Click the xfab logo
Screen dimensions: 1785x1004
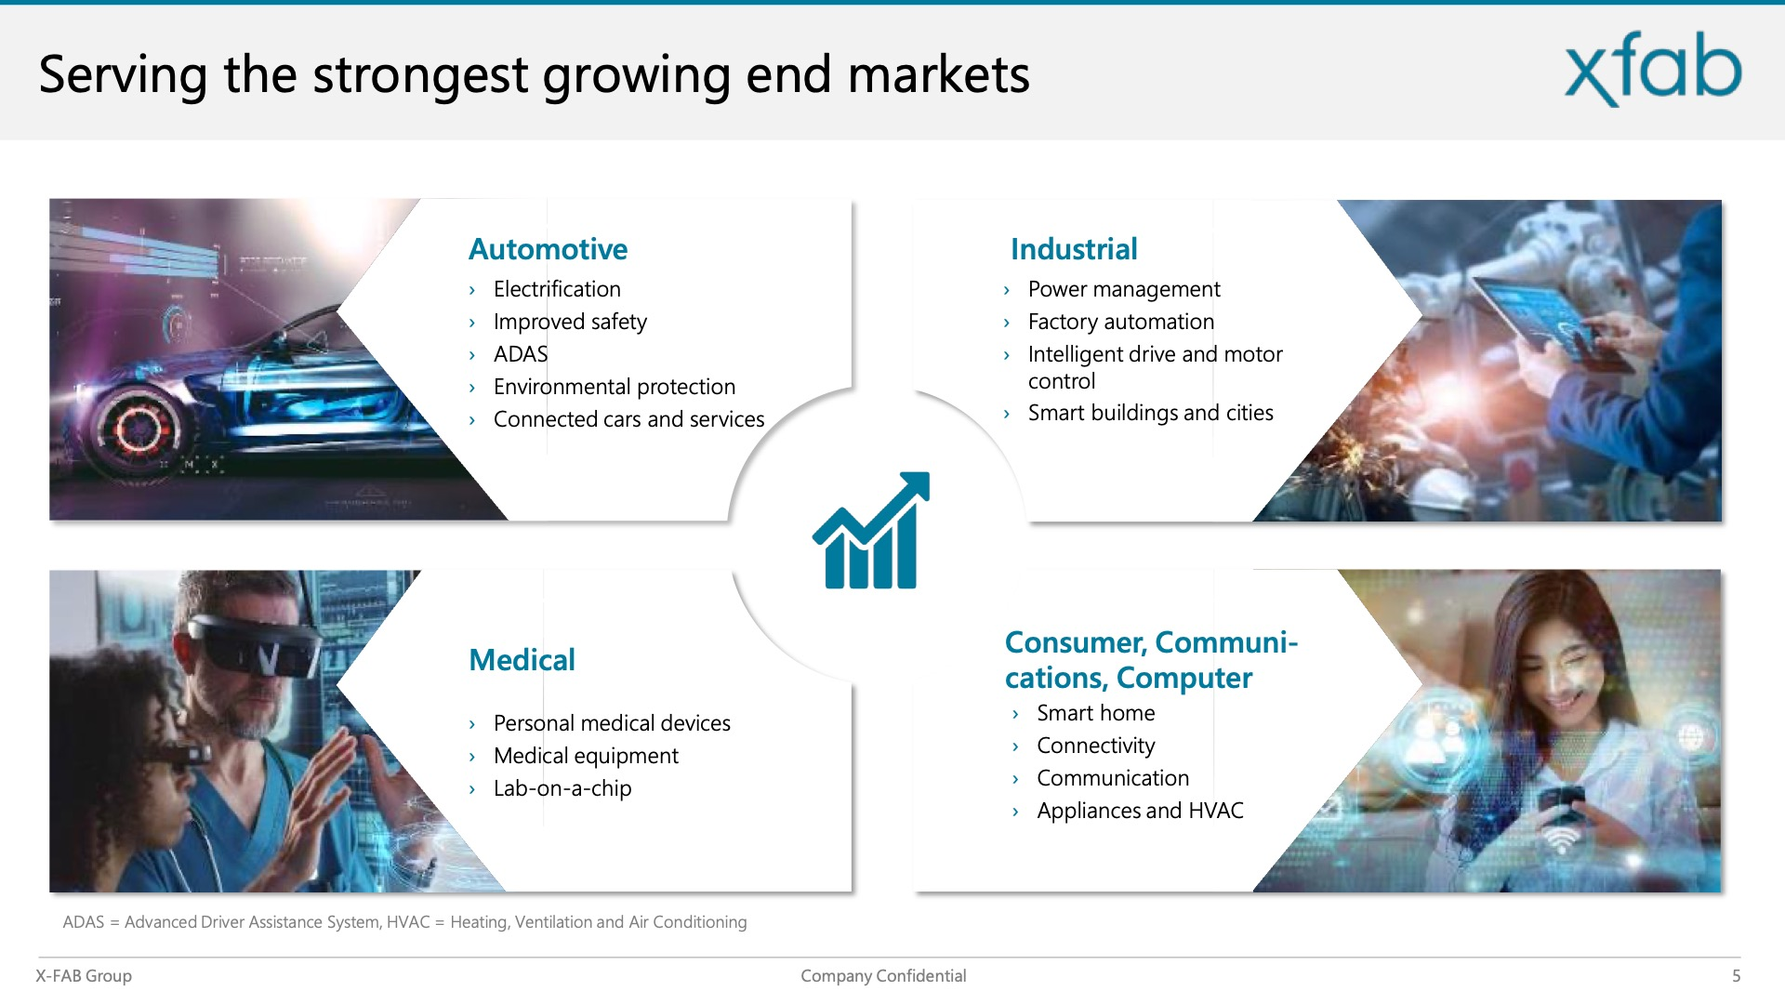[x=1653, y=69]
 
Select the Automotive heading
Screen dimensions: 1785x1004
[x=548, y=249]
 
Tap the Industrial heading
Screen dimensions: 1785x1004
[x=1074, y=249]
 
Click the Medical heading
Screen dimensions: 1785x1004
[x=522, y=660]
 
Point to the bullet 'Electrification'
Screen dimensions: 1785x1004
[x=557, y=289]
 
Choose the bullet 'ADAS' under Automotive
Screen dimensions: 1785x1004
[x=521, y=354]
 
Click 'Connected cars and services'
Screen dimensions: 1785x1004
[x=628, y=419]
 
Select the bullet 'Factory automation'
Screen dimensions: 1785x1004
[x=1121, y=322]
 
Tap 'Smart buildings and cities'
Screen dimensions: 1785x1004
[x=1151, y=413]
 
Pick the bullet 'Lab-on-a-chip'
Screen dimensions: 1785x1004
[x=562, y=788]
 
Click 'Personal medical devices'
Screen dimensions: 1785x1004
[x=612, y=723]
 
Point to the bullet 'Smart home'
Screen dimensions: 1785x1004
[x=1096, y=713]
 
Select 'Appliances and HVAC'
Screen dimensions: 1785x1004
[x=1140, y=811]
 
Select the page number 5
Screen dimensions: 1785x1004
[x=1736, y=976]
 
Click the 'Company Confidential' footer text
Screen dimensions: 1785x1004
[x=883, y=976]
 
